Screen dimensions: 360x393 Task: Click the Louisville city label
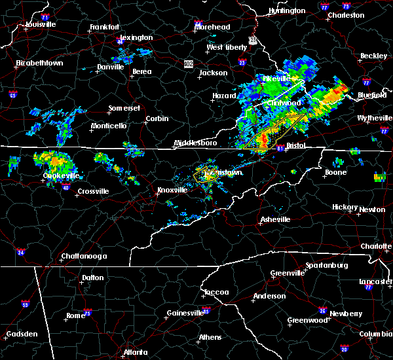point(41,24)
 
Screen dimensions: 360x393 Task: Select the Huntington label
point(287,11)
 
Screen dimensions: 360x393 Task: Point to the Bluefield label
point(371,95)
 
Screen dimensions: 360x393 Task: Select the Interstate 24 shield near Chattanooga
point(21,252)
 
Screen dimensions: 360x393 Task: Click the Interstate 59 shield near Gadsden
point(25,304)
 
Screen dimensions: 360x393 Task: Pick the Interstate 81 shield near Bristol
point(280,148)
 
